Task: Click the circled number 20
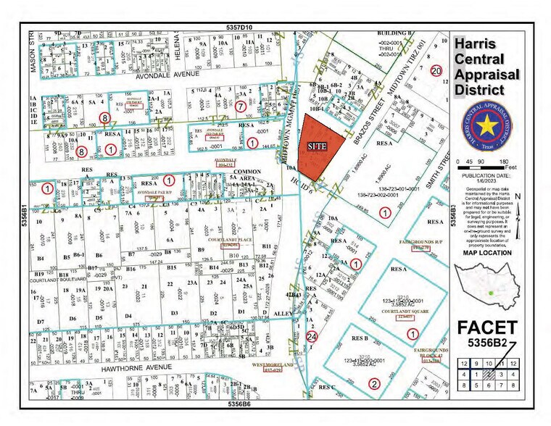[x=435, y=70]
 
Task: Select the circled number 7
[x=241, y=106]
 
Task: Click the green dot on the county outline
[x=491, y=293]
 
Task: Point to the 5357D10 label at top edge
[x=239, y=27]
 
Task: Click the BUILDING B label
[x=394, y=33]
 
